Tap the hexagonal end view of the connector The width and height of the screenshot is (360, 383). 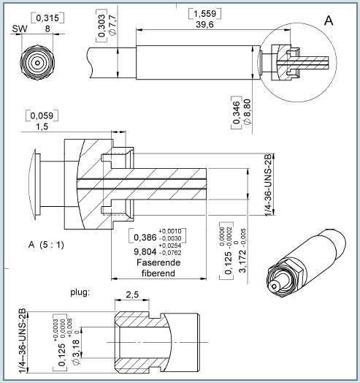point(37,62)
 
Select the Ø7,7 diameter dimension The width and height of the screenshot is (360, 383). point(112,26)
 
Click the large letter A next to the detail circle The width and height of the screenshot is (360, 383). point(328,20)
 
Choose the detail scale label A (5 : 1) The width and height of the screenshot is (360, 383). point(45,243)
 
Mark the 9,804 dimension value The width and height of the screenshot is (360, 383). point(143,251)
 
